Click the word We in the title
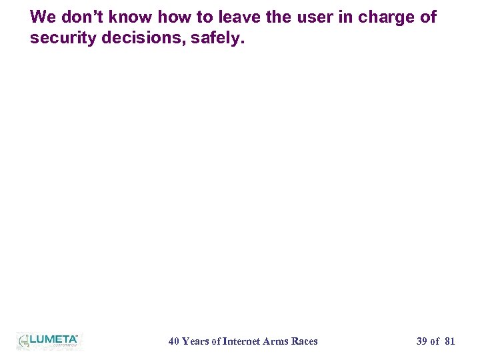(x=43, y=17)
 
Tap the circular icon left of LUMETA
(x=24, y=341)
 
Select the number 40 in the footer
(x=173, y=341)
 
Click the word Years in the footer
(x=195, y=341)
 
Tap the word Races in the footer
(x=305, y=341)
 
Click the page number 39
(x=421, y=341)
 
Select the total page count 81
(x=449, y=341)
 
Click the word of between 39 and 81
(x=435, y=341)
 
